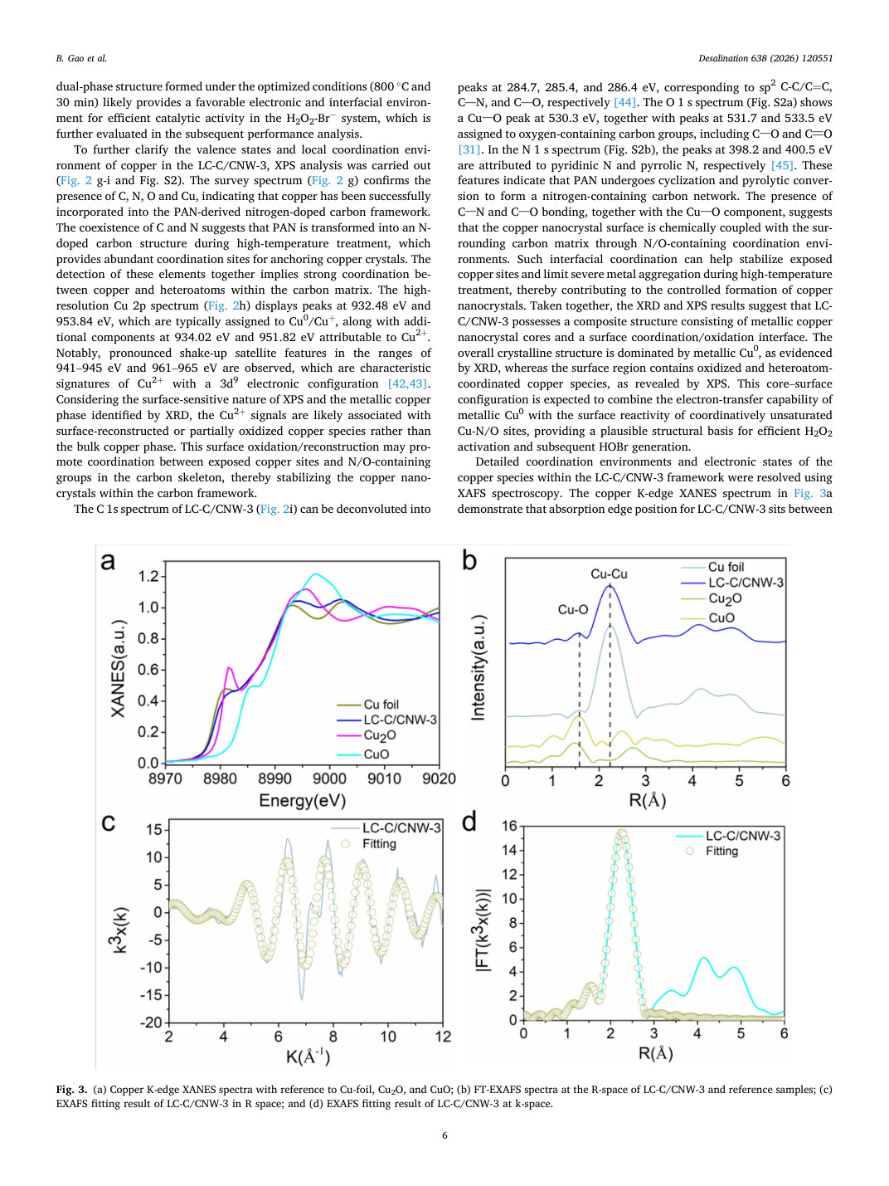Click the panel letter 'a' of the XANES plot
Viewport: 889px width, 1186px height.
tap(108, 562)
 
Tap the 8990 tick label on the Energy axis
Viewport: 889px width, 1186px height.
tap(274, 778)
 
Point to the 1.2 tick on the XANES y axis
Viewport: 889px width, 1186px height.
tap(148, 577)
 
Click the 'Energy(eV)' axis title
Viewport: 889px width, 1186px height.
tap(302, 800)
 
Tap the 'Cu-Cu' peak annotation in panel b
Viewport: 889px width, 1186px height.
tap(609, 573)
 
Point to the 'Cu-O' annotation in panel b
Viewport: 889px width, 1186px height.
tap(573, 610)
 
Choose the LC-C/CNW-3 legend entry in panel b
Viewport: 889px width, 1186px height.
tap(731, 583)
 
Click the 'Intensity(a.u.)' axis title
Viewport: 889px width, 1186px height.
tap(479, 667)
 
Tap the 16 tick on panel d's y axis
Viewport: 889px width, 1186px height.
tap(509, 825)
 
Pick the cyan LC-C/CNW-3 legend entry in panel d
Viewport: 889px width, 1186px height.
tap(728, 836)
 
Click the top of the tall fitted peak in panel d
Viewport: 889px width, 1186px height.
tap(622, 832)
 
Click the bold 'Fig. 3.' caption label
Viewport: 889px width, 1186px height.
tap(71, 1089)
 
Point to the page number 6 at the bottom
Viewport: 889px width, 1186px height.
tap(444, 1135)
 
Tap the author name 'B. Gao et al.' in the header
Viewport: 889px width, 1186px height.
tap(81, 58)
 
